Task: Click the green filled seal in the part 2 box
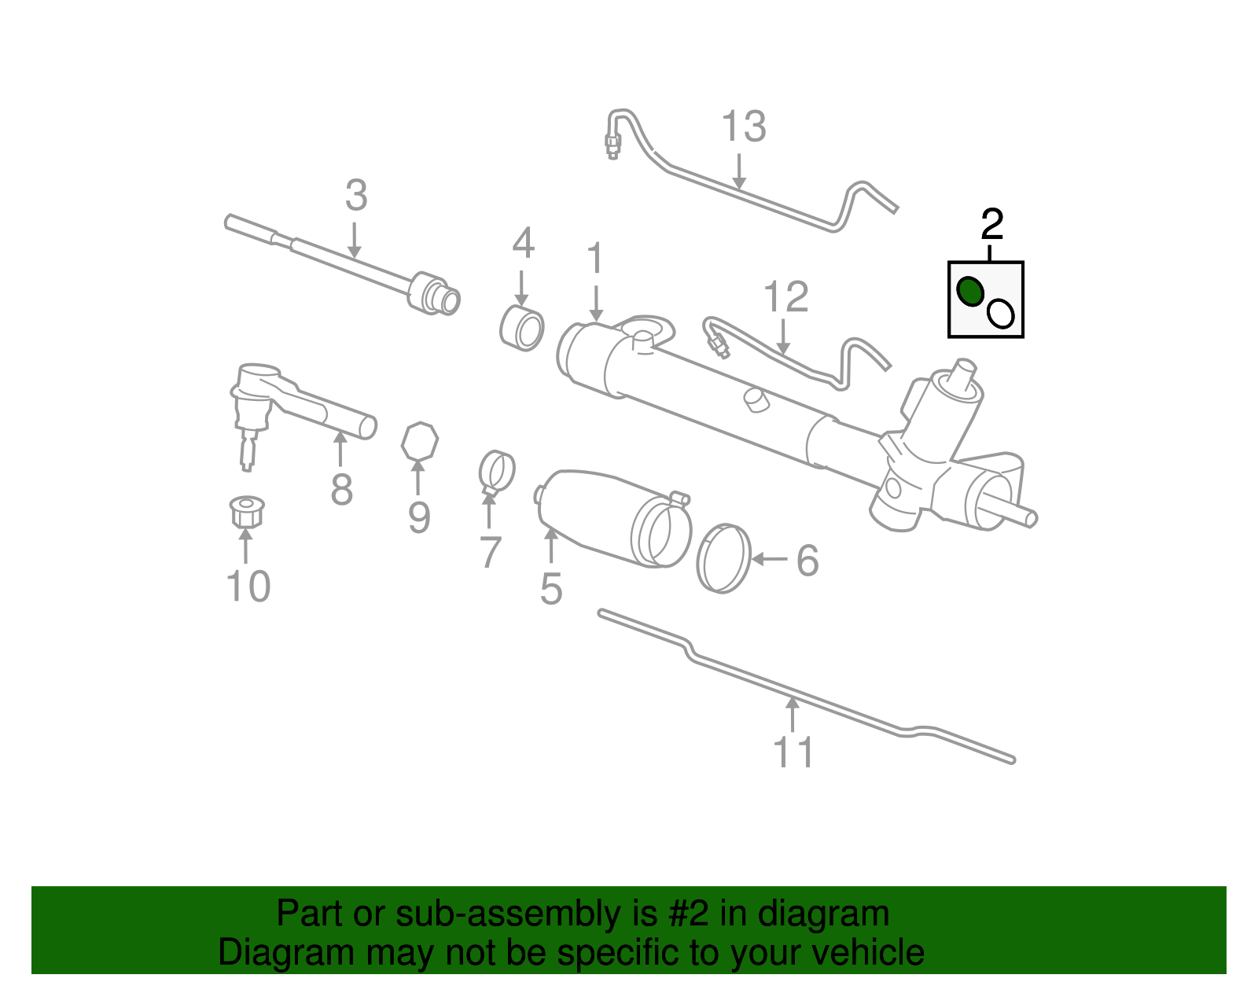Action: (970, 292)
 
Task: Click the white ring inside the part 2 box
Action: (1001, 314)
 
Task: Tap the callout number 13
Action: (743, 127)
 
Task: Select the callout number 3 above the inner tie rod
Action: (356, 195)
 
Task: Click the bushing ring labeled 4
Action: (522, 329)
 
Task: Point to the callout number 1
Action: (596, 259)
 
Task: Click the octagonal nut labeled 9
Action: (419, 441)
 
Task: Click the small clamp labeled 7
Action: (496, 471)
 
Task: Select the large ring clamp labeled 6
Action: (723, 557)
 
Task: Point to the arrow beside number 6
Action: (770, 559)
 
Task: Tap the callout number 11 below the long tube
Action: (793, 752)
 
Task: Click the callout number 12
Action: (785, 297)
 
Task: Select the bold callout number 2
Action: (992, 225)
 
